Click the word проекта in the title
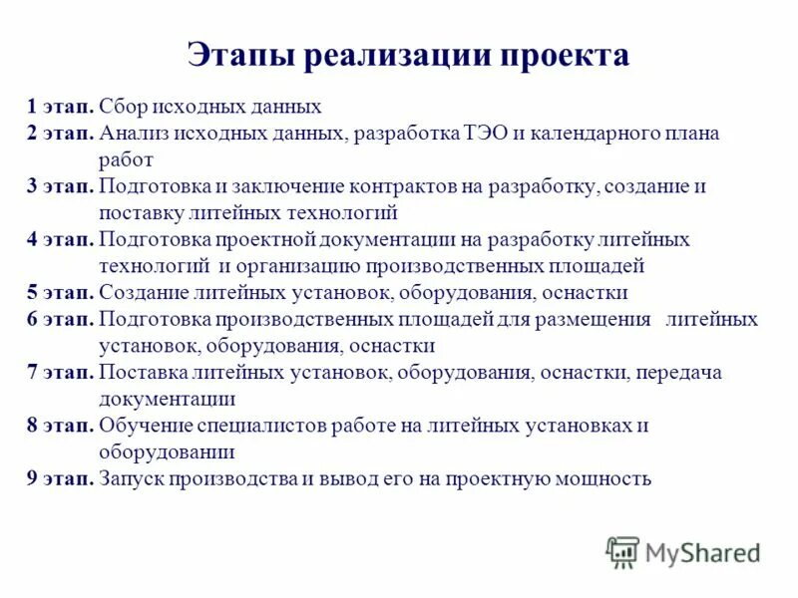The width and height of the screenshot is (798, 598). click(567, 54)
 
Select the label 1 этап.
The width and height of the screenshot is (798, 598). click(61, 106)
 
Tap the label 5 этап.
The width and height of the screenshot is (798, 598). click(61, 293)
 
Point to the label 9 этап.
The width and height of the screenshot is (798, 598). click(61, 478)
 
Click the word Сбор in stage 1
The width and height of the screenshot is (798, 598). click(123, 106)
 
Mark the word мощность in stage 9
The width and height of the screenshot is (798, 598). click(606, 478)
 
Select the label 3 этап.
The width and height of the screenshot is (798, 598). click(61, 186)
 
